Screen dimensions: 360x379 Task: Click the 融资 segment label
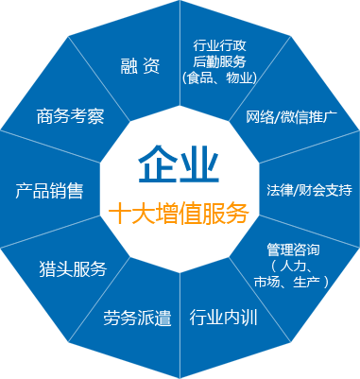pos(138,66)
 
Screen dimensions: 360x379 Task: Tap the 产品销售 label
pos(50,191)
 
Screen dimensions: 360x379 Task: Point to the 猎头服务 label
pos(73,268)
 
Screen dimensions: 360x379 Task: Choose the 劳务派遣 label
pos(137,319)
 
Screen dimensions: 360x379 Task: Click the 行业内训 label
pos(225,316)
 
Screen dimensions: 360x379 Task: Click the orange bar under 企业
pos(179,211)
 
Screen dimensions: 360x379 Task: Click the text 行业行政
pos(220,44)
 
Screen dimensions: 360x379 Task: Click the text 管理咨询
pos(293,250)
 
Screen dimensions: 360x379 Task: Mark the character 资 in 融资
pos(150,66)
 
